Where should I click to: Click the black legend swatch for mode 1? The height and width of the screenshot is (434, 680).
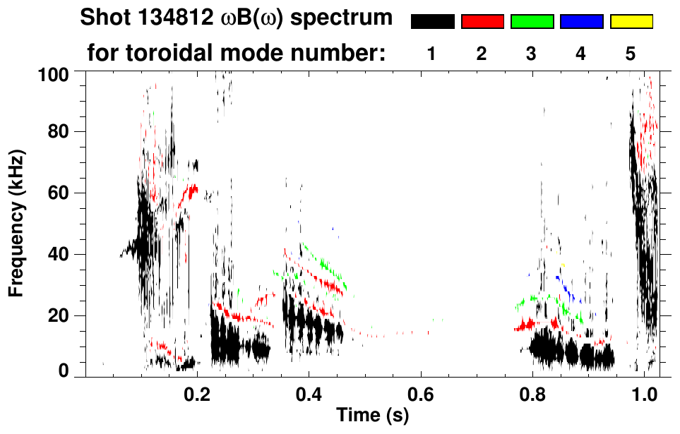[432, 22]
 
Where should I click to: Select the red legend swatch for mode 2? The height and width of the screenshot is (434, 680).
[482, 22]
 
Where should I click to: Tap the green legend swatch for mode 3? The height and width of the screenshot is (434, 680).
[532, 22]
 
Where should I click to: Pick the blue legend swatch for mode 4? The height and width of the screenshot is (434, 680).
[581, 22]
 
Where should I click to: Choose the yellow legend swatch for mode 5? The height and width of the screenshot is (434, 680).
[631, 22]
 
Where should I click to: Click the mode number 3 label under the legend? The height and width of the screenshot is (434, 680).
[531, 54]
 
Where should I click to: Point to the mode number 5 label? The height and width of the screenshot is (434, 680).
[631, 54]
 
